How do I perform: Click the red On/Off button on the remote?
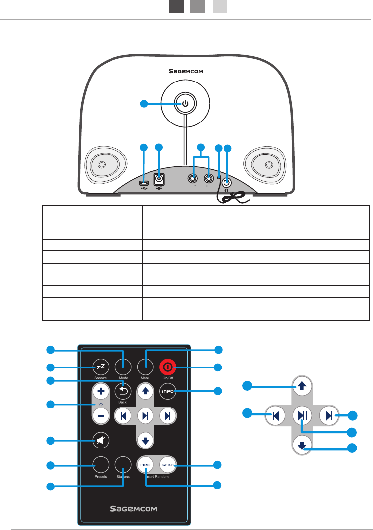[167, 367]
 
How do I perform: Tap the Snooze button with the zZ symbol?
[100, 367]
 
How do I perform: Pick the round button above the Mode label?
[123, 367]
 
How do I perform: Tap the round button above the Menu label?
[145, 367]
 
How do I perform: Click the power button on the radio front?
[185, 104]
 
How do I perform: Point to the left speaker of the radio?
[101, 165]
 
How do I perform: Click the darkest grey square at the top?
[176, 6]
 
